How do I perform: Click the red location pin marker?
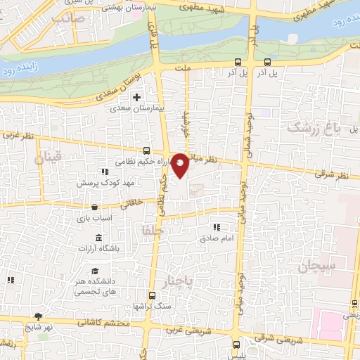pos(180,165)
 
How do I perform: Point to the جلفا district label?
pos(151,230)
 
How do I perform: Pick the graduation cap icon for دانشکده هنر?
pos(94,272)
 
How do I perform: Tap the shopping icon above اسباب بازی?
pos(94,207)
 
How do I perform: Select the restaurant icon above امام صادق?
pos(217,227)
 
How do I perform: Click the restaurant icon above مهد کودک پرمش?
pos(104,172)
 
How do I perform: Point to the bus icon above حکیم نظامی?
pos(146,150)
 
